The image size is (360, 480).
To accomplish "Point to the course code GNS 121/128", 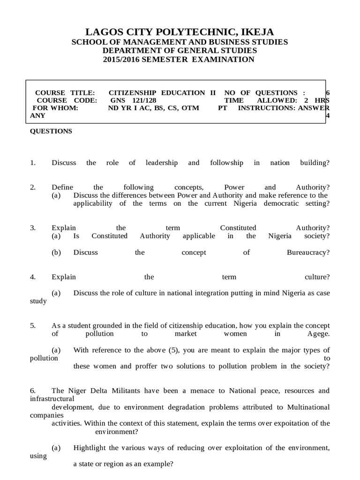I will (133, 100).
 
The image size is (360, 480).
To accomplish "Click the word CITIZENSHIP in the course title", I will (133, 93).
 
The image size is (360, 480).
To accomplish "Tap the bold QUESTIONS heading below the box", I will (51, 131).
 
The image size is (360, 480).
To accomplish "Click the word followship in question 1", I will (227, 163).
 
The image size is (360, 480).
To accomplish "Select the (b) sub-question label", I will (56, 252).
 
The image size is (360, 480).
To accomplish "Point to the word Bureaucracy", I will (308, 252).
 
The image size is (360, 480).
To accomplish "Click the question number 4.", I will (33, 277).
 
